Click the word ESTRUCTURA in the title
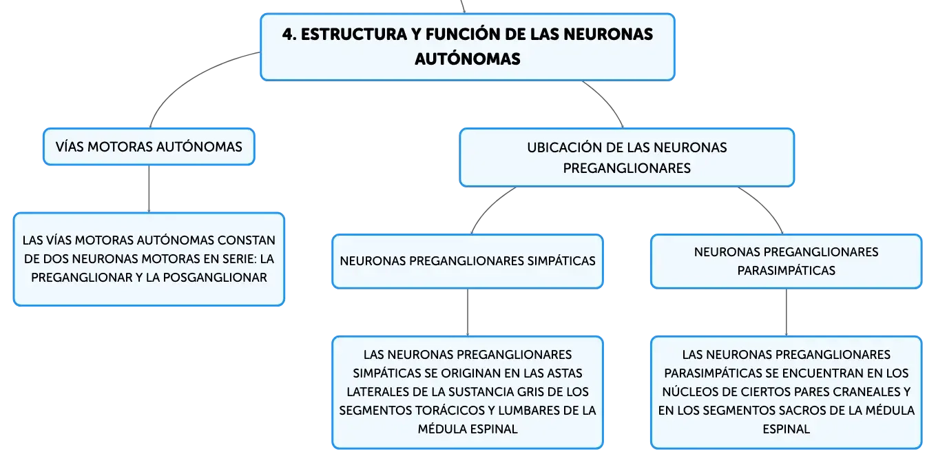click(x=354, y=34)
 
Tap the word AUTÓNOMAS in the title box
click(x=468, y=59)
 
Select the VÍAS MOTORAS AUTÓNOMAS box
click(x=149, y=147)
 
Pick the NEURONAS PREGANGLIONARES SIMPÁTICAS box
click(x=468, y=261)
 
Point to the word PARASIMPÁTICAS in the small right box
click(x=786, y=271)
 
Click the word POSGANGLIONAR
click(x=215, y=278)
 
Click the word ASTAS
click(x=565, y=373)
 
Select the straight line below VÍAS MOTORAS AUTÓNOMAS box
click(x=149, y=189)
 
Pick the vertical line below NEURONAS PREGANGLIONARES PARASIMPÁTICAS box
click(x=787, y=312)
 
